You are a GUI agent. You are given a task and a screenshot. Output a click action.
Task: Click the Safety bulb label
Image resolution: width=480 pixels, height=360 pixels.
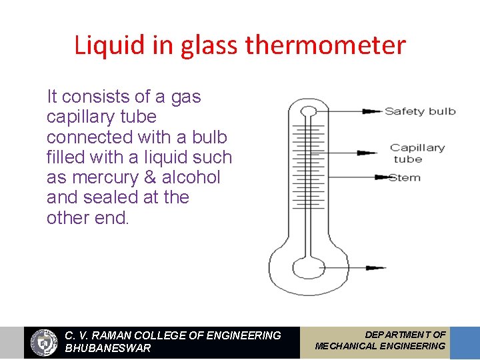point(420,111)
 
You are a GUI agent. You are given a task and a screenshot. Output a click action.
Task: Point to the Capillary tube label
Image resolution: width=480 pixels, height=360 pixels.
point(417,153)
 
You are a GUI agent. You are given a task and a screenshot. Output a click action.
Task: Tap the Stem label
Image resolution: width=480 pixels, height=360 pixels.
point(405,177)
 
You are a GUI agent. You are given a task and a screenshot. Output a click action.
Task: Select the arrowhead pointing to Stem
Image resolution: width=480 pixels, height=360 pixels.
point(381,177)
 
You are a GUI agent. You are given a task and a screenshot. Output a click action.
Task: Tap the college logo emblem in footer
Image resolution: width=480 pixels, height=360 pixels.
point(45,343)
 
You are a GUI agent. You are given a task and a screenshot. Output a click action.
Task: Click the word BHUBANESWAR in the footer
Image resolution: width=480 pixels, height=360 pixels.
point(108,349)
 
